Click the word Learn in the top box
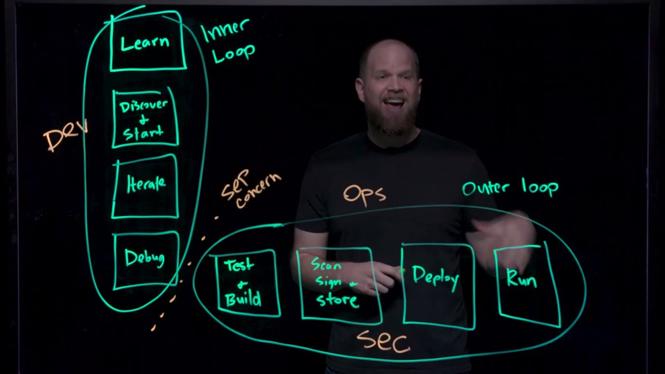click(145, 43)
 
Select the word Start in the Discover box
click(143, 133)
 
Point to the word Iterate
click(146, 183)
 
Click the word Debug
click(144, 258)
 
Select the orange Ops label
click(364, 194)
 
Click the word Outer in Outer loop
click(485, 188)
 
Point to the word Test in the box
click(239, 266)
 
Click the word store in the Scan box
click(337, 300)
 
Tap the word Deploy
click(435, 276)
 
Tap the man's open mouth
click(394, 102)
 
